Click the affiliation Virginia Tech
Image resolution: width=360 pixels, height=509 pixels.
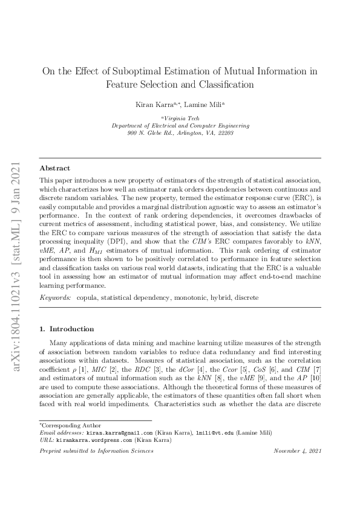pyautogui.click(x=181, y=118)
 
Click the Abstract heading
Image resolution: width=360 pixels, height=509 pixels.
pyautogui.click(x=54, y=168)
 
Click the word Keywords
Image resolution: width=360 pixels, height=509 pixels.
pyautogui.click(x=54, y=298)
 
